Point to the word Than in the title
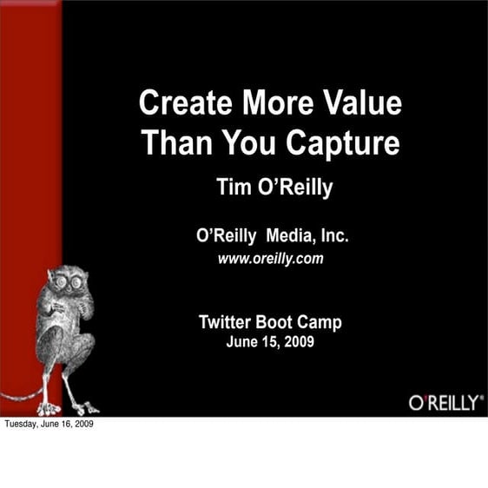pyautogui.click(x=172, y=142)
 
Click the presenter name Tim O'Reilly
pyautogui.click(x=274, y=188)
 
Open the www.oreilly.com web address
pyautogui.click(x=270, y=258)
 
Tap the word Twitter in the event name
pyautogui.click(x=228, y=322)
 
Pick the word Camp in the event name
pyautogui.click(x=321, y=322)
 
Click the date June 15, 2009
pyautogui.click(x=270, y=342)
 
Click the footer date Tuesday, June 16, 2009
pyautogui.click(x=49, y=425)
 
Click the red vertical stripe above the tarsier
pyautogui.click(x=30, y=130)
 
